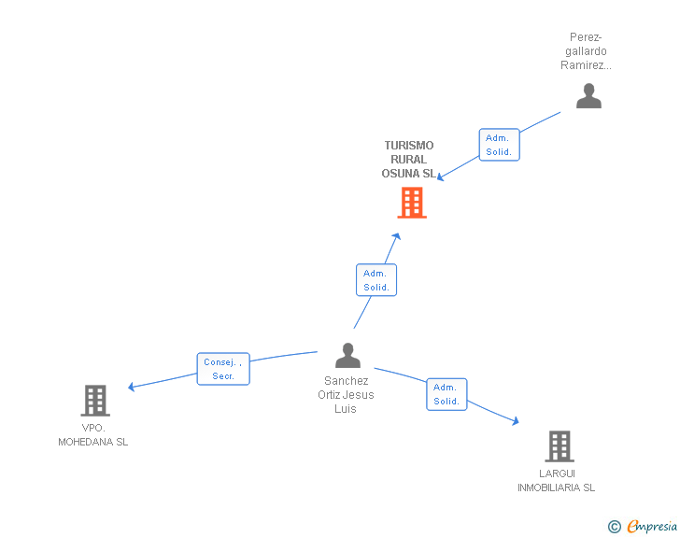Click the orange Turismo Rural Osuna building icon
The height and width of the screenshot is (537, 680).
412,203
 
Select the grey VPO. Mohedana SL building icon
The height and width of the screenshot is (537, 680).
94,401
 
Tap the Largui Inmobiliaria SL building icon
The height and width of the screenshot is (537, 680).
559,446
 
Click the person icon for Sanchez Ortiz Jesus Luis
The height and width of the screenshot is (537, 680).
347,356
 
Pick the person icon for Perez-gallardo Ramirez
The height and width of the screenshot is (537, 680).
588,96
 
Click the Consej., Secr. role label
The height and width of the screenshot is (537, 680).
223,369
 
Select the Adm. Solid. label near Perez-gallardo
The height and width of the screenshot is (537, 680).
499,145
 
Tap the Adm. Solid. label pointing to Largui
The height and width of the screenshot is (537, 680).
446,394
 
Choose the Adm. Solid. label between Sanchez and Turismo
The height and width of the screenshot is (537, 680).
376,280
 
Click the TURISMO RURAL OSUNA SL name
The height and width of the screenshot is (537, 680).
408,160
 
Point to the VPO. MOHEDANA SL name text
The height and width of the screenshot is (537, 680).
93,435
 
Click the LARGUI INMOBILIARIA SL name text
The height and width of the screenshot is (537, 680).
557,480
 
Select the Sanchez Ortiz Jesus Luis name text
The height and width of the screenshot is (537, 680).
347,394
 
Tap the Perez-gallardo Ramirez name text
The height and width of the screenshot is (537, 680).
586,51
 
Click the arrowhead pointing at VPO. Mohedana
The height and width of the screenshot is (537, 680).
132,387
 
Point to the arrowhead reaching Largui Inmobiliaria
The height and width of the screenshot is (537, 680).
515,422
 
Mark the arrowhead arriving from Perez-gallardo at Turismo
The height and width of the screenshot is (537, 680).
441,177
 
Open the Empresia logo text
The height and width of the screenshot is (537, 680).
652,527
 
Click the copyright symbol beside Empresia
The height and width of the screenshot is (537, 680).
615,527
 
